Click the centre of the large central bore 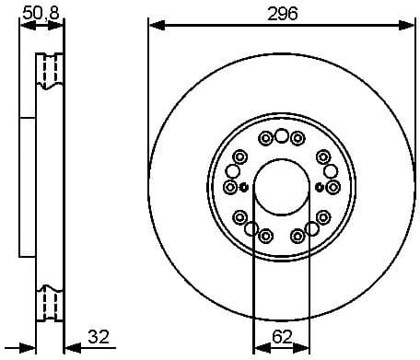[x=281, y=187]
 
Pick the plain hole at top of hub [x=281, y=138]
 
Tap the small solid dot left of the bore [x=244, y=187]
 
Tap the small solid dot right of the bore [x=319, y=187]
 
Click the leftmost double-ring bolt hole [x=230, y=187]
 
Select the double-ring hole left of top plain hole [x=265, y=139]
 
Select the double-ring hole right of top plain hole [x=297, y=139]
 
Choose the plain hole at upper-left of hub [x=233, y=171]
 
